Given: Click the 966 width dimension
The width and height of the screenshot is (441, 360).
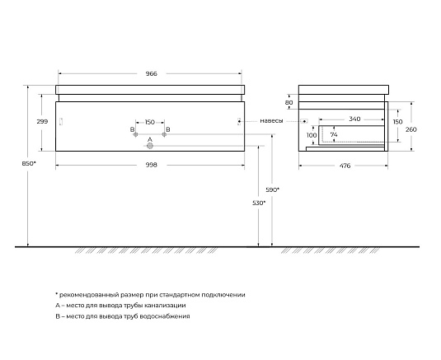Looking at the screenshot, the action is pyautogui.click(x=152, y=73).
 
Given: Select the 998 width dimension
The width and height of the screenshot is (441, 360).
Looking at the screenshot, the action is pyautogui.click(x=152, y=165).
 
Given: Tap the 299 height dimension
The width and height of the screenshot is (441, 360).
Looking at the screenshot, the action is pyautogui.click(x=42, y=121).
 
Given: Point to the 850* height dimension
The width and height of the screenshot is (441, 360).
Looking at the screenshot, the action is pyautogui.click(x=29, y=163).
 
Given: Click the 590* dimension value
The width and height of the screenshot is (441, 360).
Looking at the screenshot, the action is pyautogui.click(x=273, y=190).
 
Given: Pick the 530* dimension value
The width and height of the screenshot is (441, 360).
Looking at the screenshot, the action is pyautogui.click(x=259, y=203).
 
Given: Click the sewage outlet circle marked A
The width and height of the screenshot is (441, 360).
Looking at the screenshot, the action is pyautogui.click(x=150, y=146).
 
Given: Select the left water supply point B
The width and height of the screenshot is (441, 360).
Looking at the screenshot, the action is pyautogui.click(x=135, y=134).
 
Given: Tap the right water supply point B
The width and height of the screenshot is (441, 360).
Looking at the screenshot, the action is pyautogui.click(x=164, y=134).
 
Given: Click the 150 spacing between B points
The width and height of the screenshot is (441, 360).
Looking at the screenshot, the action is pyautogui.click(x=150, y=122).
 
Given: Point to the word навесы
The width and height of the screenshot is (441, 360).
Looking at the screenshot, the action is pyautogui.click(x=271, y=121).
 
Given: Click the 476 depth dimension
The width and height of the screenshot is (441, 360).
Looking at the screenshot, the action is pyautogui.click(x=345, y=166).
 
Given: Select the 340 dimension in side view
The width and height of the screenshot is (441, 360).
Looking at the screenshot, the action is pyautogui.click(x=354, y=119).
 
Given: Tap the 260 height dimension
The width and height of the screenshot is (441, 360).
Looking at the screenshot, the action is pyautogui.click(x=411, y=129).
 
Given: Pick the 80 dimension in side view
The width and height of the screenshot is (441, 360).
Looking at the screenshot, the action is pyautogui.click(x=289, y=103).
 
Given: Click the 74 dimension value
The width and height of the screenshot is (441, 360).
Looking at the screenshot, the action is pyautogui.click(x=334, y=135).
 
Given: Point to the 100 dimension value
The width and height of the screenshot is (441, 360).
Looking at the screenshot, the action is pyautogui.click(x=312, y=135).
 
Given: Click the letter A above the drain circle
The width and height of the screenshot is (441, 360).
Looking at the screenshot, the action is pyautogui.click(x=150, y=140).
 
